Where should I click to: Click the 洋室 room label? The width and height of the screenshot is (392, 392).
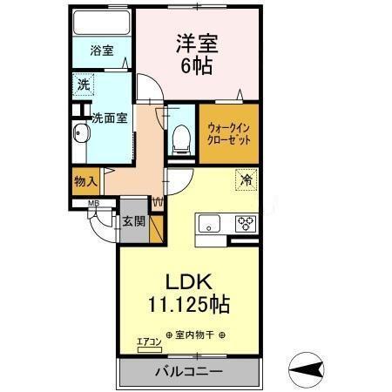tap(197, 43)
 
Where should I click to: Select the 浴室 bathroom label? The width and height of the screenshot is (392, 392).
tap(102, 51)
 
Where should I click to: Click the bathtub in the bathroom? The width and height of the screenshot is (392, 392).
tap(101, 23)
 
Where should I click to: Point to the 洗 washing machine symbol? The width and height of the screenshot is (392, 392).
tap(82, 85)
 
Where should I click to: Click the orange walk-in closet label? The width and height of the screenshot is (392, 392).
tap(227, 133)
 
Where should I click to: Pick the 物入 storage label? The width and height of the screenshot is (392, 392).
tap(84, 182)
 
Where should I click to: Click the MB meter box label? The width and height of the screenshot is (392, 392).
tap(91, 206)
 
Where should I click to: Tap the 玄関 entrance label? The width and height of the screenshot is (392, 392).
tap(133, 221)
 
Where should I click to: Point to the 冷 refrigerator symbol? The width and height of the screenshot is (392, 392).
tap(246, 181)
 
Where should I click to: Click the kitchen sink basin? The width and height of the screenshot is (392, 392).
tap(211, 224)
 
